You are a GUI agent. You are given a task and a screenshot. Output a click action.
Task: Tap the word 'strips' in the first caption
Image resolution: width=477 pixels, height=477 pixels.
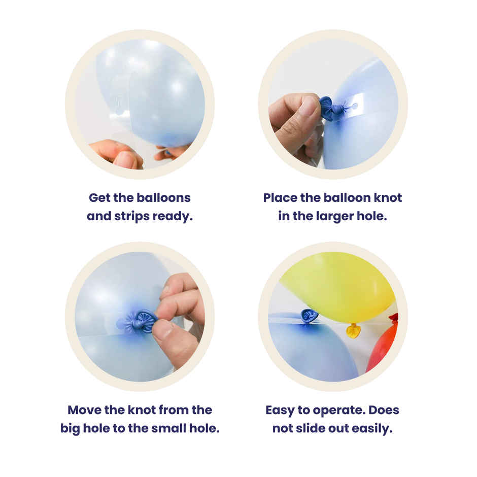click(x=132, y=217)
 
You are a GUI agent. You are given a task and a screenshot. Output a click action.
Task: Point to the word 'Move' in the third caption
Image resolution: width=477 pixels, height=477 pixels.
click(x=85, y=410)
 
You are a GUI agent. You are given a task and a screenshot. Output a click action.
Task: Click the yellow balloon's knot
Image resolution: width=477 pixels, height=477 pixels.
click(x=353, y=331)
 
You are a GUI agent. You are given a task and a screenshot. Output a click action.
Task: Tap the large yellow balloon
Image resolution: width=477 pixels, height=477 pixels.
click(x=337, y=286)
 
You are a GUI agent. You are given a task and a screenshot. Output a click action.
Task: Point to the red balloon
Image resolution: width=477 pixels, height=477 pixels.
click(x=383, y=344)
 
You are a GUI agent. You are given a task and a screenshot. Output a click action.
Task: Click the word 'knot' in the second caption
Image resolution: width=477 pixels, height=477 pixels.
click(x=388, y=198)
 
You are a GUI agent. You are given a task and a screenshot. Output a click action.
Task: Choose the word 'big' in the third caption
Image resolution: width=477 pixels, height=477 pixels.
click(x=70, y=429)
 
